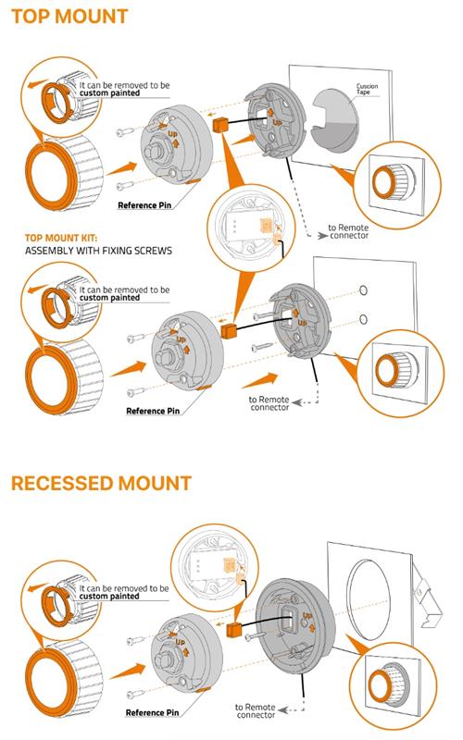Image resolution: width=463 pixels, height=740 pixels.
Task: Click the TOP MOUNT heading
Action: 69,17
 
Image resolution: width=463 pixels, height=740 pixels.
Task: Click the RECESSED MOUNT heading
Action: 101,483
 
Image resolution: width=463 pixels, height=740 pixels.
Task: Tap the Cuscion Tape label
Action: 367,89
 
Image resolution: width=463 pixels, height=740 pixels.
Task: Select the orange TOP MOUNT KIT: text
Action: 61,238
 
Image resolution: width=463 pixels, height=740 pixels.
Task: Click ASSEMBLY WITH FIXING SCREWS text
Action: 98,251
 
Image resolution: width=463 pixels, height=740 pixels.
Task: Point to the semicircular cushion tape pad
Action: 334,120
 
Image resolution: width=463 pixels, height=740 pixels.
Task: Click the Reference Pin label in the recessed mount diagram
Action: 152,712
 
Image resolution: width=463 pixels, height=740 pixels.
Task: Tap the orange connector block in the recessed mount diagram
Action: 234,629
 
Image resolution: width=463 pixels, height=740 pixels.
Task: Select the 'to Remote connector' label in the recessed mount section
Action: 256,711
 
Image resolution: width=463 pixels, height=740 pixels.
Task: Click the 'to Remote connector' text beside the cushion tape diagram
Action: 348,231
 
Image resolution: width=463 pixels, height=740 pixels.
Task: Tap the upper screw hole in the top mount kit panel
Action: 363,290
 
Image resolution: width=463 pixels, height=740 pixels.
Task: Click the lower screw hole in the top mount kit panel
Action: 363,319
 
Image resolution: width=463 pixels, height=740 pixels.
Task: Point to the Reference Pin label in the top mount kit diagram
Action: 153,411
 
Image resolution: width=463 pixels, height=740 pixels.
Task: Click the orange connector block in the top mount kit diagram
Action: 228,330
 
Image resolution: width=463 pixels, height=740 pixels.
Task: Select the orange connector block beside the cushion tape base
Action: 220,125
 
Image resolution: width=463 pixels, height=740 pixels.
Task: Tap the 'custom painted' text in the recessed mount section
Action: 109,597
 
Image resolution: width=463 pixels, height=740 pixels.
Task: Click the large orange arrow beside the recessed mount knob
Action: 127,671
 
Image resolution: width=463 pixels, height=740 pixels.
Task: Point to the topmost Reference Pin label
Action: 144,205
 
